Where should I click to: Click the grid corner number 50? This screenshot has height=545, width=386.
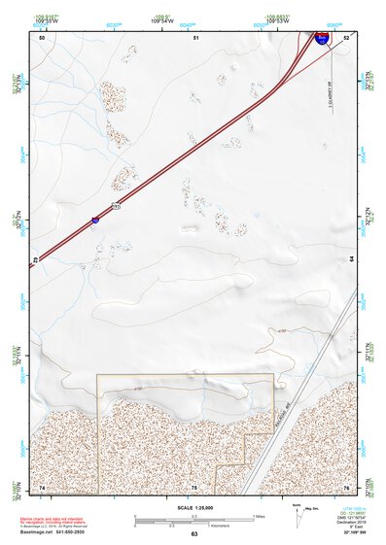pyautogui.click(x=42, y=37)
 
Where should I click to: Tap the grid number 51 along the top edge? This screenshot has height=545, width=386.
pyautogui.click(x=195, y=37)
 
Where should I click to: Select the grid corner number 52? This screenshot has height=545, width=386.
pyautogui.click(x=346, y=37)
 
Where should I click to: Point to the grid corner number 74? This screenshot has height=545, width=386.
pyautogui.click(x=42, y=486)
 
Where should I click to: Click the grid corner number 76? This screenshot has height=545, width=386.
pyautogui.click(x=345, y=486)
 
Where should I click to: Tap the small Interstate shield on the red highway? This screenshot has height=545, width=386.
pyautogui.click(x=94, y=221)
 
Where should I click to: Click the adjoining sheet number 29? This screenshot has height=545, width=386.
pyautogui.click(x=35, y=260)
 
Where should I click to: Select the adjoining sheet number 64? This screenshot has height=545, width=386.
pyautogui.click(x=351, y=260)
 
